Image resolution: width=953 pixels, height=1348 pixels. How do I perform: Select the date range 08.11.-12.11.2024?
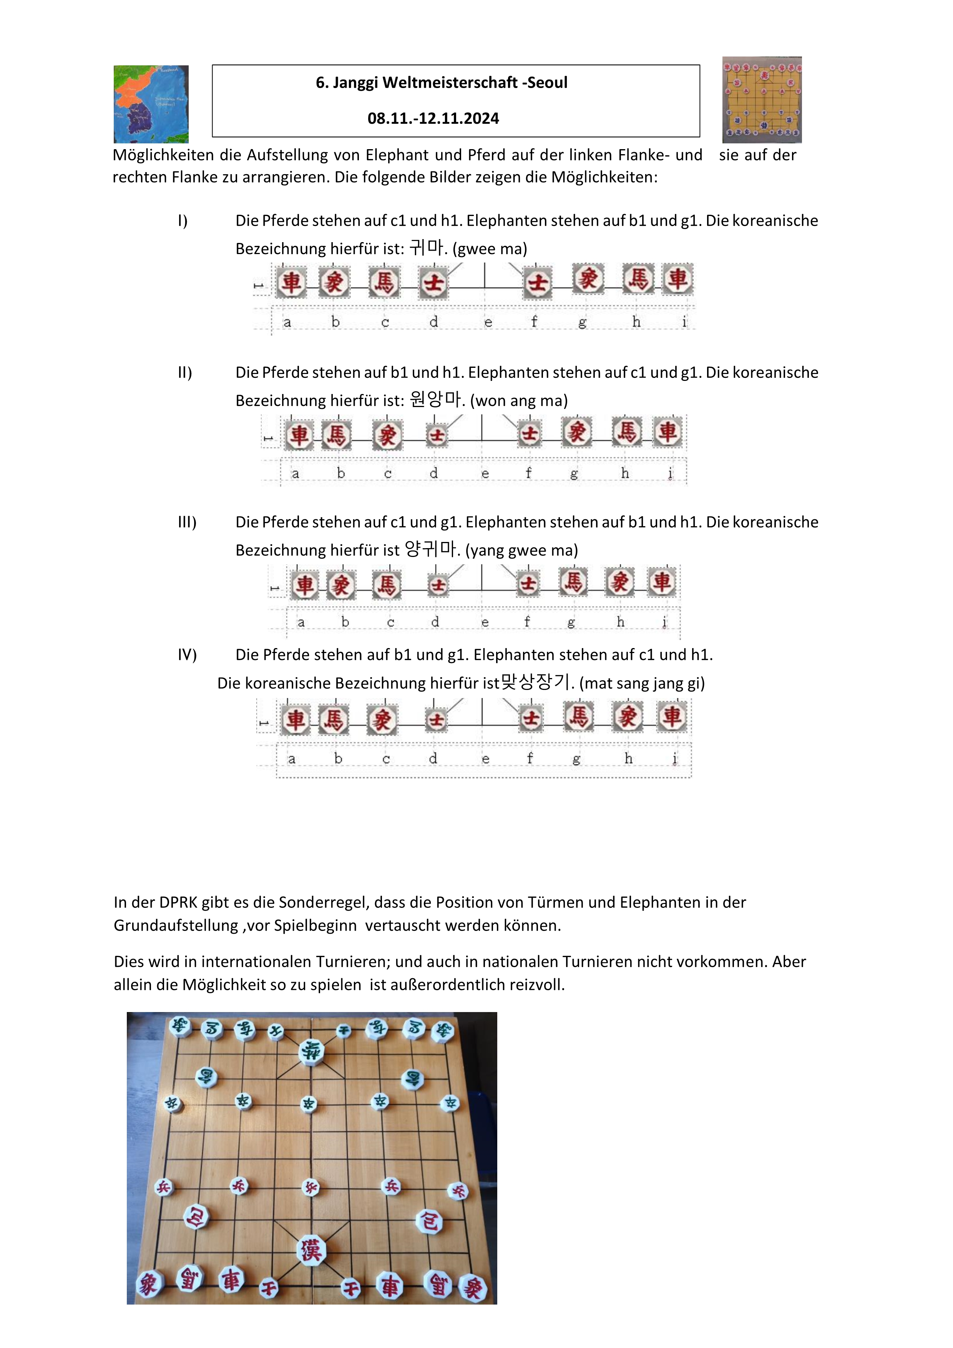click(433, 119)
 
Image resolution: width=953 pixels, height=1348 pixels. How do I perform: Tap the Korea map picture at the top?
click(151, 105)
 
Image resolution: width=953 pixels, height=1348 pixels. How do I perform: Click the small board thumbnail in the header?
click(762, 100)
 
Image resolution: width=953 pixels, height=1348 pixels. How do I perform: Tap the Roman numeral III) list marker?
click(187, 522)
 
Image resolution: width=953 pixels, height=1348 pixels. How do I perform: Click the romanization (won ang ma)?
click(519, 401)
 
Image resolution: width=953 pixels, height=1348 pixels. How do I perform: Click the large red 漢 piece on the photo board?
click(311, 1250)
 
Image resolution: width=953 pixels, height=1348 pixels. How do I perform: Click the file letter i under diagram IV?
click(675, 758)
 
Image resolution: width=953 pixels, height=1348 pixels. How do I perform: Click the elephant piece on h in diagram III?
click(620, 582)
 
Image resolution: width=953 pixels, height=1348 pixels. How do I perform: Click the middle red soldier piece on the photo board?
click(311, 1187)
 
